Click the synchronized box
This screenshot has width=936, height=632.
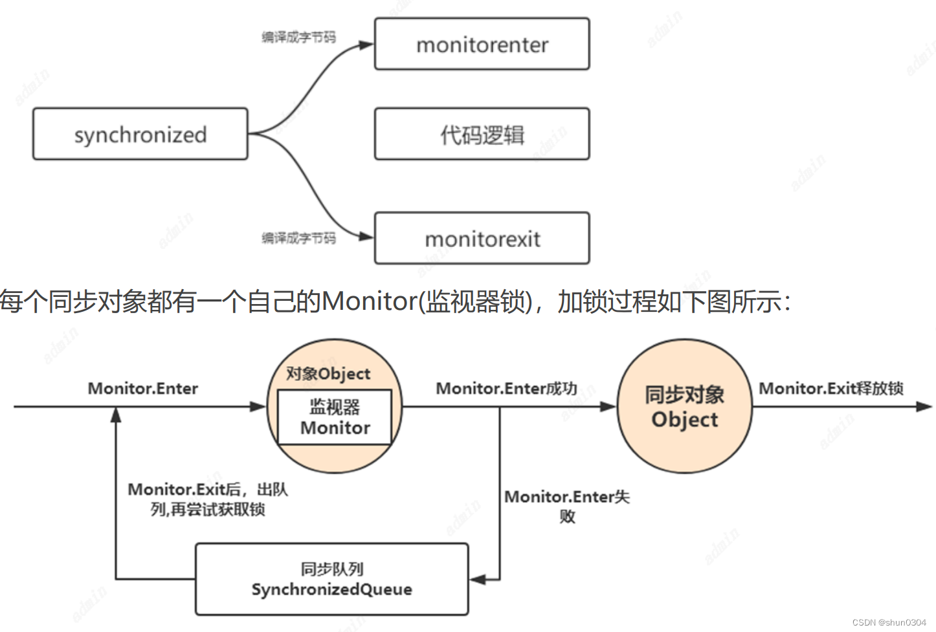coord(140,134)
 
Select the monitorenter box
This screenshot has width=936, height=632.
coord(482,44)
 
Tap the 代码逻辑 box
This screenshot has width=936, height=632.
coord(482,134)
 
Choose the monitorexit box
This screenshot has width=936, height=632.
coord(482,238)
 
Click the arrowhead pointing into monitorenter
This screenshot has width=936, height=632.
coord(367,45)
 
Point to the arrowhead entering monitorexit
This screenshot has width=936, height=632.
coord(367,236)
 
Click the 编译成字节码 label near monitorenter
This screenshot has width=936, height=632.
coord(298,37)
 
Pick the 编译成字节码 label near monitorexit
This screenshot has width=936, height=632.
coord(298,238)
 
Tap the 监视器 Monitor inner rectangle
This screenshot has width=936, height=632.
coord(335,417)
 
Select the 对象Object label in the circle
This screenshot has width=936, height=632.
coord(328,373)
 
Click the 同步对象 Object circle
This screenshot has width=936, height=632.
coord(684,406)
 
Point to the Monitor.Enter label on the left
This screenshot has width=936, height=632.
coord(143,388)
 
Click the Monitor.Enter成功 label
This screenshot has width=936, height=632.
coord(506,388)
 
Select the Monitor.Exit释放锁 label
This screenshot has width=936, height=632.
coord(831,388)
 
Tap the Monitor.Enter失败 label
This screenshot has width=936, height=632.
coord(567,505)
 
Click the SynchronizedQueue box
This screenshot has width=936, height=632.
coord(331,579)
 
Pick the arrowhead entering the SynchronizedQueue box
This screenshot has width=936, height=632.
coord(478,579)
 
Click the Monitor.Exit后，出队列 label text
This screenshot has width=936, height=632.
coord(208,499)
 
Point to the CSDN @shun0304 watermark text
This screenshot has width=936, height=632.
coord(889,622)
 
